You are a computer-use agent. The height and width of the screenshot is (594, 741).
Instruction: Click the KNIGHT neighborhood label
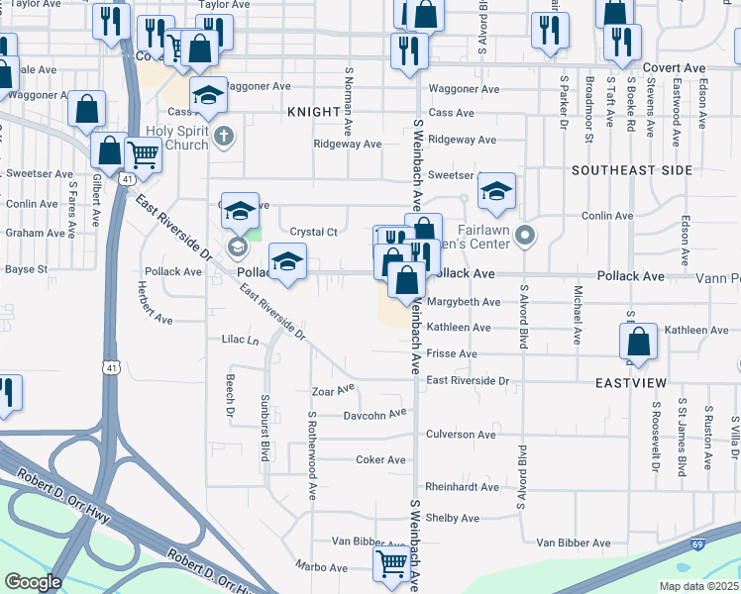(314, 113)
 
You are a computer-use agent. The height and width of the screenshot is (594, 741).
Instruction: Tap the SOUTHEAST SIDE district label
(632, 170)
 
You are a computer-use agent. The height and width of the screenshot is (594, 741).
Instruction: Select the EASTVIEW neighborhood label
(630, 382)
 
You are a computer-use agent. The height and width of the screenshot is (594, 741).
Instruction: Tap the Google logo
(33, 582)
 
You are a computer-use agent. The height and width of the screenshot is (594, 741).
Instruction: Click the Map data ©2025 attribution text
(699, 586)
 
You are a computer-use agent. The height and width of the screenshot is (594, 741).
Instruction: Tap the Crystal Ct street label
(314, 233)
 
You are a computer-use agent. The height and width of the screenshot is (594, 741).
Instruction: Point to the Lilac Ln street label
(240, 340)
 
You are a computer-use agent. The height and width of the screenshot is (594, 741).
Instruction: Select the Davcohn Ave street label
(375, 414)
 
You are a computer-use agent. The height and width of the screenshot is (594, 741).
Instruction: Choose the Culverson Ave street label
(460, 435)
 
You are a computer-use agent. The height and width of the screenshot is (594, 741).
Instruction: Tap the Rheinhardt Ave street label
(463, 487)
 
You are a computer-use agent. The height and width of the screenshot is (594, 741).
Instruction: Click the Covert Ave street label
(674, 68)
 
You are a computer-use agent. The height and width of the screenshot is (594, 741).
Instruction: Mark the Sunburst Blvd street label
(265, 438)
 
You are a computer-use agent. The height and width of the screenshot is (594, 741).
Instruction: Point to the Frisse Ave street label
(452, 353)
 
